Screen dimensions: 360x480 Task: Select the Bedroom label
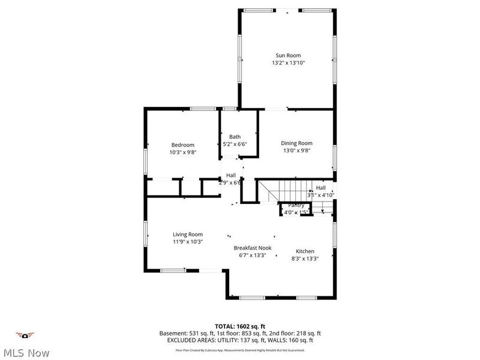pos(182,145)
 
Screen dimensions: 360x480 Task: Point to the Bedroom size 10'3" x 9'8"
pos(182,152)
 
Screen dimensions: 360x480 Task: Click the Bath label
pos(235,137)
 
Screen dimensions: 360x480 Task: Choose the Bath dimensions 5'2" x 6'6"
pos(235,144)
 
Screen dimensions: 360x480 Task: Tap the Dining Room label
pos(297,143)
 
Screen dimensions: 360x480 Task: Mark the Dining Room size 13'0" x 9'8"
pos(297,151)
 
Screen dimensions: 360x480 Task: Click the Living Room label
pos(188,234)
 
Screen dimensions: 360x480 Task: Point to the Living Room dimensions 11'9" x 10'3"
pos(188,242)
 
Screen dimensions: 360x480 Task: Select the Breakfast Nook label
pos(253,247)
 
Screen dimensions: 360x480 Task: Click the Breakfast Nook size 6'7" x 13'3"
pos(253,255)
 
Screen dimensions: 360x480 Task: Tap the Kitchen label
pos(305,251)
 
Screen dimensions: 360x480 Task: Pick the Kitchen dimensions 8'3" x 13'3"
pos(305,259)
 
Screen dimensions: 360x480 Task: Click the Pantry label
pos(296,206)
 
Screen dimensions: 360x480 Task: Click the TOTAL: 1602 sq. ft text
pos(240,326)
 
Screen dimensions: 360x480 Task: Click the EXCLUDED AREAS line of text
pos(240,340)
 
